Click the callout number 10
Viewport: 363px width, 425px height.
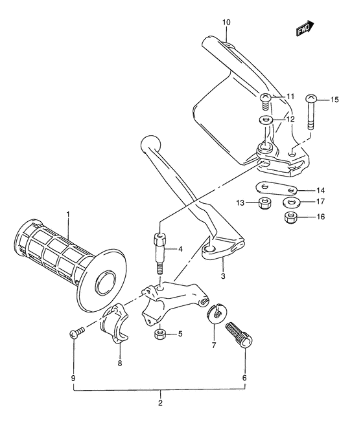point(226,23)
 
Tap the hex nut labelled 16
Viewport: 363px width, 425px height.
point(290,217)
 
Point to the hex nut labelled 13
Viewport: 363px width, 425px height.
point(264,204)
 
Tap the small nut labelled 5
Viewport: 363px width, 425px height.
point(160,334)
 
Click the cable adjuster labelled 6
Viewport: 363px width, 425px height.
point(239,337)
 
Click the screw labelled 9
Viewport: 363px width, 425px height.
point(76,333)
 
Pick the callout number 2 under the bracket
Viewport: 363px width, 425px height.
point(160,403)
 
